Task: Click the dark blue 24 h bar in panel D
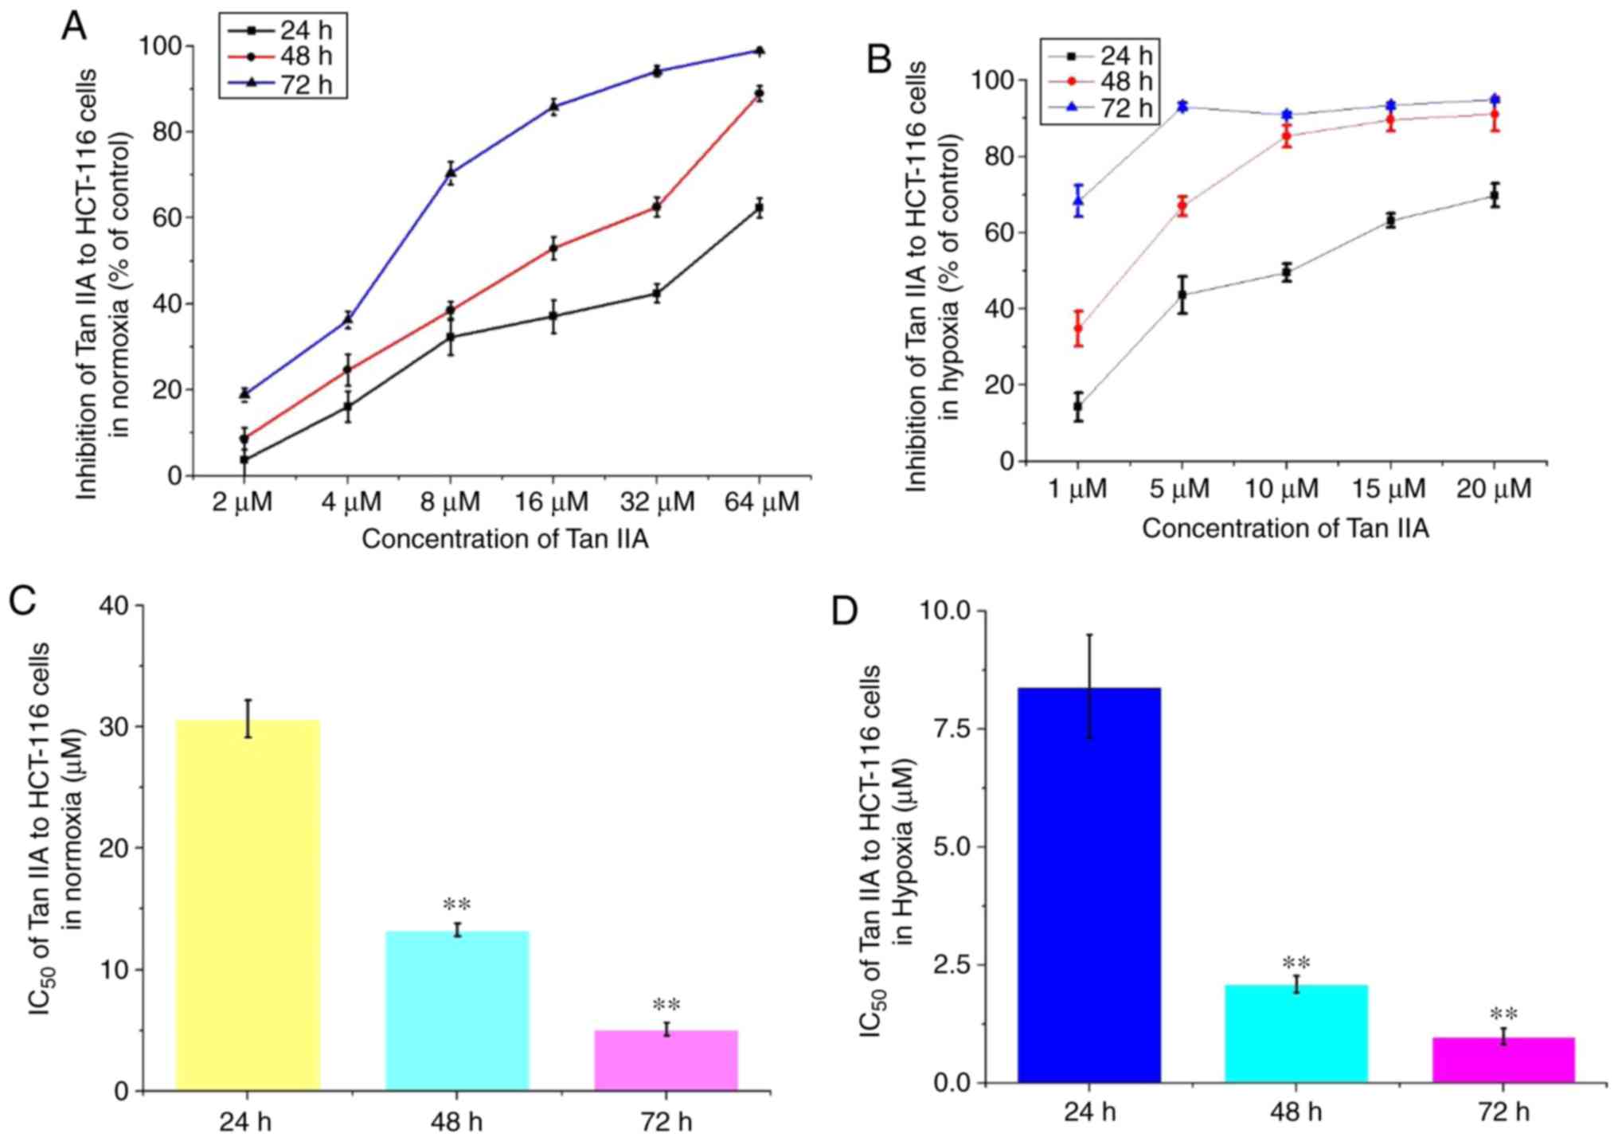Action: tap(1088, 884)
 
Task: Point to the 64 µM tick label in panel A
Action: tap(761, 502)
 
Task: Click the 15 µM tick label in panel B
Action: tap(1389, 488)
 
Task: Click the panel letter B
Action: tap(879, 60)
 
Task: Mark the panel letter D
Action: tap(845, 612)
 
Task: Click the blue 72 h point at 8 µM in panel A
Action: tap(451, 172)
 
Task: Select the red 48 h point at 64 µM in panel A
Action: tap(760, 93)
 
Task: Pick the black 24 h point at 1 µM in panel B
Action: tap(1078, 407)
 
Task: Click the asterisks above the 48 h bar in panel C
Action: tap(457, 905)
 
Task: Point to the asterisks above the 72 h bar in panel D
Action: tap(1503, 1014)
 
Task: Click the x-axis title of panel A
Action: tap(505, 540)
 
